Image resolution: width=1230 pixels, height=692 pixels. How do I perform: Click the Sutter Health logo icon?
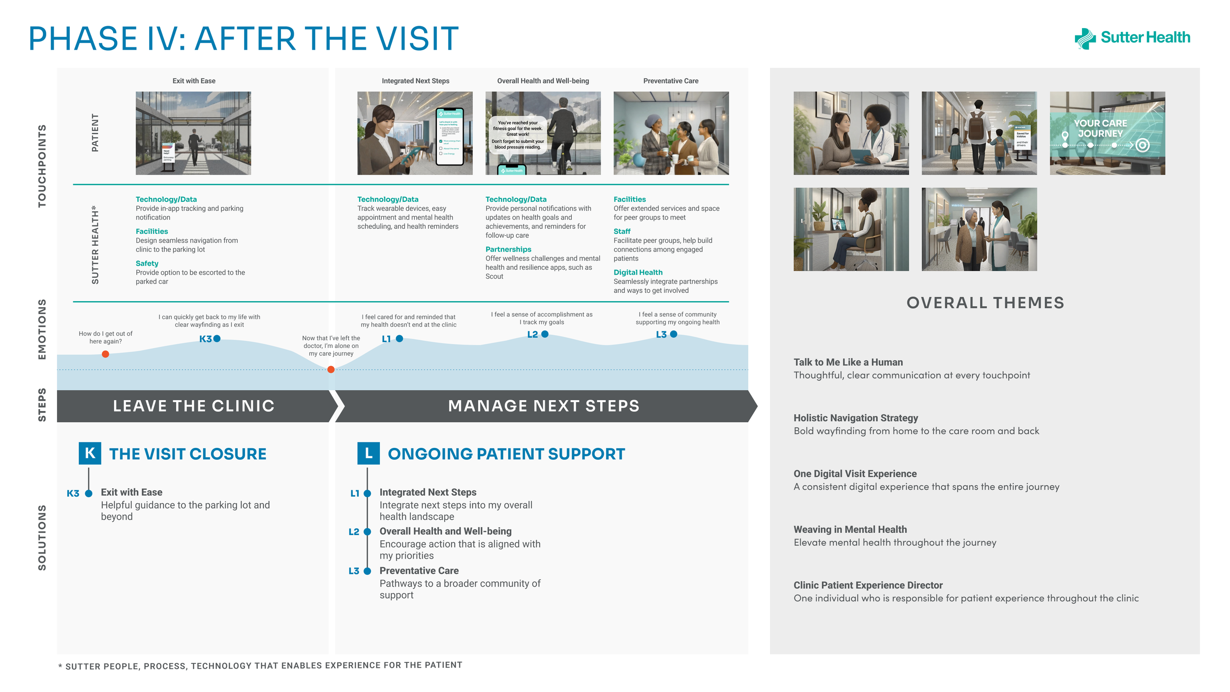click(x=1085, y=38)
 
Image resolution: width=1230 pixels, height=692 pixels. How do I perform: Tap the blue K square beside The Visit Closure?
click(x=90, y=453)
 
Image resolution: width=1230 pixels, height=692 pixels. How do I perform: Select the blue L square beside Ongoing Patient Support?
click(x=369, y=453)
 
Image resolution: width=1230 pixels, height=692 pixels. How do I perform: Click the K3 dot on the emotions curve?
click(x=217, y=339)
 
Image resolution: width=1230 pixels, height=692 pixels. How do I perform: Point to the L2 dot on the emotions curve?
click(x=545, y=334)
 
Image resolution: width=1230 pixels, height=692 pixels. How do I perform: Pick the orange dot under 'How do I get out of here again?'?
click(x=105, y=354)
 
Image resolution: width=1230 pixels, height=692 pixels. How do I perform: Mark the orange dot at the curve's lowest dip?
click(x=331, y=370)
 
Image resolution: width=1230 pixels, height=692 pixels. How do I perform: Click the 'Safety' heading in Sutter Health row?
click(x=147, y=263)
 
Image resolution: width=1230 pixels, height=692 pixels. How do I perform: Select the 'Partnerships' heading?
click(x=508, y=250)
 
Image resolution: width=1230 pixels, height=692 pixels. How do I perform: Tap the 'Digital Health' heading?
click(x=638, y=272)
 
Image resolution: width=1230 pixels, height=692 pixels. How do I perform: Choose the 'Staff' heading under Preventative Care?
click(x=622, y=231)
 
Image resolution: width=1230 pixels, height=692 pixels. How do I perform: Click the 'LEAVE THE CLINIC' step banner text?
click(x=194, y=406)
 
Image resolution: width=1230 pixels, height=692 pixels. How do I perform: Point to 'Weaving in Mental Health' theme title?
click(x=850, y=530)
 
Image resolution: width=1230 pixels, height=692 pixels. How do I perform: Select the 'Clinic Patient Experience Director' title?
click(x=868, y=585)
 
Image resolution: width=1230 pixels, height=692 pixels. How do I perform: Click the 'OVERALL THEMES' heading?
click(x=985, y=303)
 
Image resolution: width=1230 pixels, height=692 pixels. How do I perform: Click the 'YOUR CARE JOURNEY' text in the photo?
click(x=1100, y=128)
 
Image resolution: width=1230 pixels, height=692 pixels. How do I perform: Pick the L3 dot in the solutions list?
click(x=367, y=571)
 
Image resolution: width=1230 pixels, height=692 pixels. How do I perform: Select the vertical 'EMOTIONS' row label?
click(x=42, y=329)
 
